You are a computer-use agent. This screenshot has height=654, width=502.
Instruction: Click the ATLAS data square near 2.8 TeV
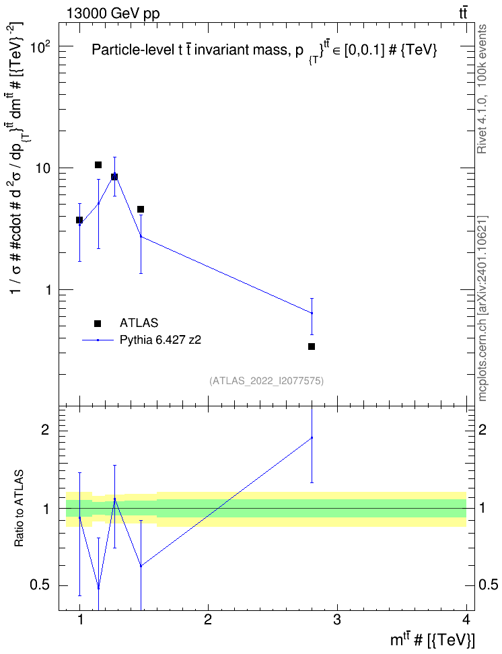click(x=312, y=347)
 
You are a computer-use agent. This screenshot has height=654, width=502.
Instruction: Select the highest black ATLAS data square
click(x=98, y=165)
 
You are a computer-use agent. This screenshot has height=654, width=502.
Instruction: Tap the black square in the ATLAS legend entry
click(x=98, y=323)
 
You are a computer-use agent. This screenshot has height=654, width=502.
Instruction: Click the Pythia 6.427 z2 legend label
click(x=160, y=340)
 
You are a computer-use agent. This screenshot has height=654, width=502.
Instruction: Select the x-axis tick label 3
click(x=336, y=620)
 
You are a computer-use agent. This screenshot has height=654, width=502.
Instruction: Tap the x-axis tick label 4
click(x=466, y=620)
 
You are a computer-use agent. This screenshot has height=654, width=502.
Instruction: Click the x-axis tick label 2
click(x=208, y=620)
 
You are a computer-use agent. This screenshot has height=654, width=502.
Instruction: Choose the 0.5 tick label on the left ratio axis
click(x=40, y=585)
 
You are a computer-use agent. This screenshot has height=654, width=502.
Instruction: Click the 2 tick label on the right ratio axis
click(x=482, y=429)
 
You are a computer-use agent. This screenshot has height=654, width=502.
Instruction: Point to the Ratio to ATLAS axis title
click(x=19, y=509)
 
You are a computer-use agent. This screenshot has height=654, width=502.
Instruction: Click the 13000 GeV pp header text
click(x=113, y=13)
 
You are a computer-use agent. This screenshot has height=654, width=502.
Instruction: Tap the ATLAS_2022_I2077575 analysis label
click(x=266, y=380)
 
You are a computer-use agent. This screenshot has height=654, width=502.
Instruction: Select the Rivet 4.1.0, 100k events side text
click(x=482, y=89)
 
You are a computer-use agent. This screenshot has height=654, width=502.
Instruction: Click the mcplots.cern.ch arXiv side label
click(x=482, y=308)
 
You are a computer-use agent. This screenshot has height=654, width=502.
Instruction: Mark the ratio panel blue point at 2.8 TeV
click(x=312, y=437)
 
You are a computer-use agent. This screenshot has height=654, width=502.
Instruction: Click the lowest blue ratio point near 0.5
click(x=98, y=588)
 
